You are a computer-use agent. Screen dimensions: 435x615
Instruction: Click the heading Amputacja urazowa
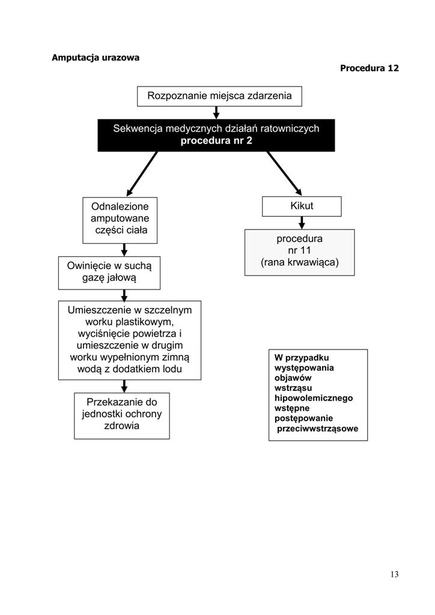click(x=96, y=58)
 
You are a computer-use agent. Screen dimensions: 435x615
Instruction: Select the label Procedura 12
click(x=369, y=68)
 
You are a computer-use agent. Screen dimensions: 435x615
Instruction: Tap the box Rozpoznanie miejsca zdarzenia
click(x=219, y=96)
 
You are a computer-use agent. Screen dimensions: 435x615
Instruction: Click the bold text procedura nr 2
click(x=216, y=141)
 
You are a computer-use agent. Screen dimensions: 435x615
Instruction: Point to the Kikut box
click(x=302, y=207)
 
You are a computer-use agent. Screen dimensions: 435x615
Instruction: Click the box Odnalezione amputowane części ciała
click(x=120, y=220)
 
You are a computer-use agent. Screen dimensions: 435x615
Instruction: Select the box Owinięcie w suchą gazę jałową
click(x=109, y=273)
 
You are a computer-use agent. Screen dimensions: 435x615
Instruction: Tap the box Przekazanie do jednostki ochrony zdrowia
click(x=121, y=416)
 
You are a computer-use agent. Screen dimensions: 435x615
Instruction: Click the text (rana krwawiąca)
click(x=300, y=262)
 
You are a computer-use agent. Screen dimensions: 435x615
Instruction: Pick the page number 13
click(x=394, y=574)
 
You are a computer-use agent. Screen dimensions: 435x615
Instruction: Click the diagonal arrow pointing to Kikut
click(x=284, y=174)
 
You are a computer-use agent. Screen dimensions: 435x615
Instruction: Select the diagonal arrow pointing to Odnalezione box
click(x=142, y=174)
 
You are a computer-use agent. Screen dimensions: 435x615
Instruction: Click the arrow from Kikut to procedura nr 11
click(x=302, y=223)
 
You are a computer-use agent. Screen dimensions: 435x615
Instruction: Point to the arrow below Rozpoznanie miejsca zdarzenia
click(x=216, y=112)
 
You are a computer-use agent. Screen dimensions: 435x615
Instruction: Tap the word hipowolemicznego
click(x=314, y=398)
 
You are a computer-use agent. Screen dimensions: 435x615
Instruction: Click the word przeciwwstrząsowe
click(x=317, y=429)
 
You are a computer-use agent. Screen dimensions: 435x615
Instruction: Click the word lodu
click(x=172, y=369)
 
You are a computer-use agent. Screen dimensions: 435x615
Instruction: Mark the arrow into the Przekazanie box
click(x=124, y=386)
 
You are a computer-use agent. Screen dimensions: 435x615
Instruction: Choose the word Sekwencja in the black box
click(x=138, y=129)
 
